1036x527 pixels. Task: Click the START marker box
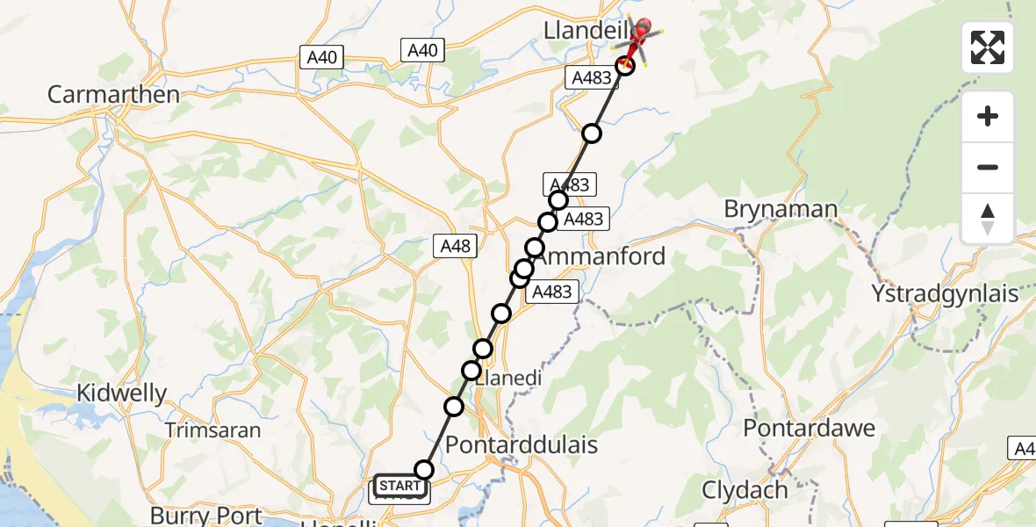[401, 486]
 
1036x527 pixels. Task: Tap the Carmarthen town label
[113, 95]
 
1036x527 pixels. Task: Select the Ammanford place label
[601, 256]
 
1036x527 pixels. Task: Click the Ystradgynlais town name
[945, 292]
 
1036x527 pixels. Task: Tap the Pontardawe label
[809, 428]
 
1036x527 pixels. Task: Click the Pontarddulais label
[522, 444]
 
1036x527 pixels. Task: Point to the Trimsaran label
[214, 430]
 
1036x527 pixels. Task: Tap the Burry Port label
[207, 515]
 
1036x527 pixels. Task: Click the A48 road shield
[455, 247]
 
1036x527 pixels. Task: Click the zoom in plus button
[988, 116]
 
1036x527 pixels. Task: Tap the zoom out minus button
[988, 167]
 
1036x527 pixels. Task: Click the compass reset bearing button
[988, 219]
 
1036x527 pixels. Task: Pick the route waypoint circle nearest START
[424, 470]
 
